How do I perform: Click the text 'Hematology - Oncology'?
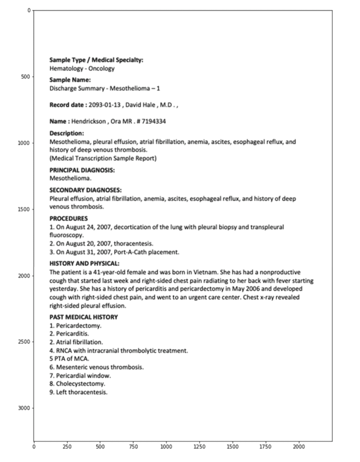(x=82, y=68)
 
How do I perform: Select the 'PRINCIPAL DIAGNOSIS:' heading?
(x=82, y=171)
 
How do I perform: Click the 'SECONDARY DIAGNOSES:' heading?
(x=86, y=190)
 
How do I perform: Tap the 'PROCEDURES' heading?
(x=68, y=218)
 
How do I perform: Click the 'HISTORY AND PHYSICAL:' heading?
(x=84, y=263)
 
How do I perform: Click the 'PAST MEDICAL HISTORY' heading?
(x=83, y=317)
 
